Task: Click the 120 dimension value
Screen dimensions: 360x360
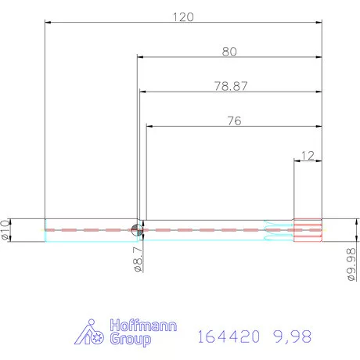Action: tap(182, 16)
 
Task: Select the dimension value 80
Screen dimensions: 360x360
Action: tap(229, 52)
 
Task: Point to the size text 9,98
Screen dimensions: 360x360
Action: tap(291, 337)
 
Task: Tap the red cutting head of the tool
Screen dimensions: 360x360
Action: tap(308, 229)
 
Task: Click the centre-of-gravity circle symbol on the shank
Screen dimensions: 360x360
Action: tap(137, 229)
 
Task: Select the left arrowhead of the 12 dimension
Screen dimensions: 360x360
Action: tap(296, 160)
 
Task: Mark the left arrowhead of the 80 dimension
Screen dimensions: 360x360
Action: tap(140, 57)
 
